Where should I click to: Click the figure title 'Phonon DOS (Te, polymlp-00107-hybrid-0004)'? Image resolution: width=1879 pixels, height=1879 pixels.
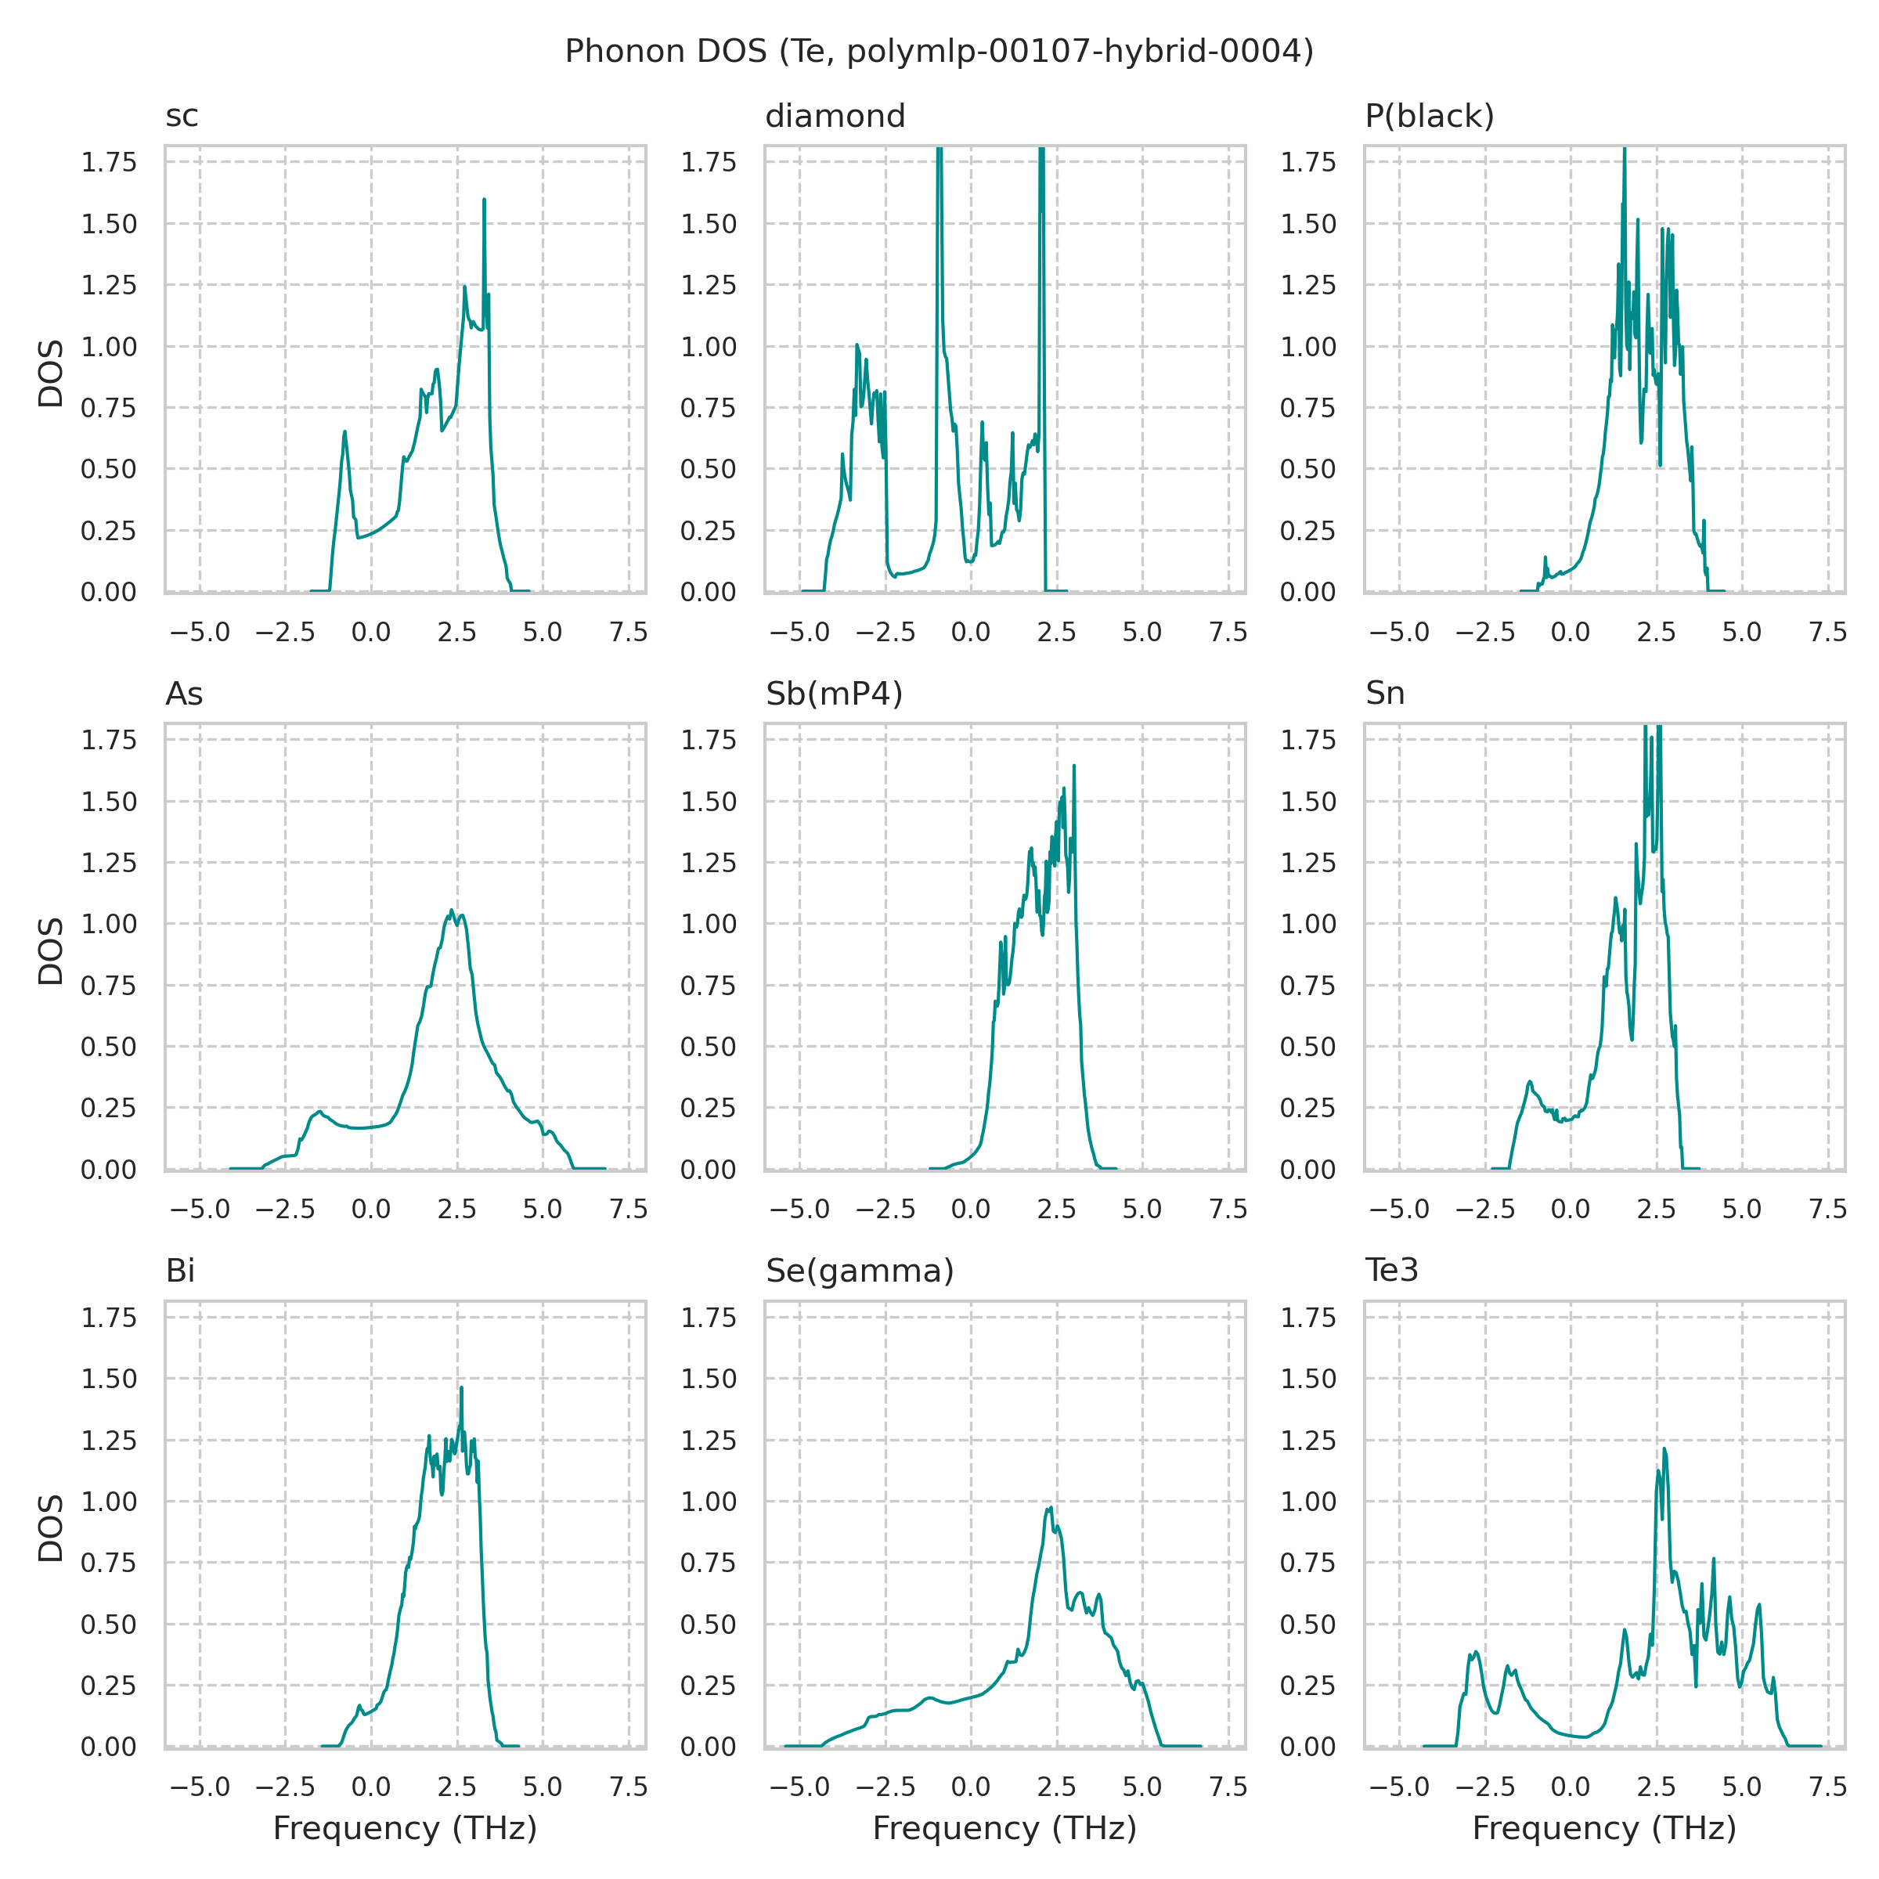click(x=939, y=51)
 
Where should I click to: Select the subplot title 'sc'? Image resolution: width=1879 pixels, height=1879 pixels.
click(x=182, y=116)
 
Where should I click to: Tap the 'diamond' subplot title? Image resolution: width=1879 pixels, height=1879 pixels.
click(x=835, y=116)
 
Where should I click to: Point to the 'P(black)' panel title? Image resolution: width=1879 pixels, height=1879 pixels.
click(x=1429, y=116)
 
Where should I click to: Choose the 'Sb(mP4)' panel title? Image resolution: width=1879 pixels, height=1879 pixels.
click(x=834, y=694)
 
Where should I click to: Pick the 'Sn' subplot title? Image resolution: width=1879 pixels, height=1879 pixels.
click(x=1384, y=694)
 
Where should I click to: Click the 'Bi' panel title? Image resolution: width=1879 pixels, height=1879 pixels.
click(x=180, y=1271)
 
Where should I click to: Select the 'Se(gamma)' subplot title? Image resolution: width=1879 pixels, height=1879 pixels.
click(x=859, y=1271)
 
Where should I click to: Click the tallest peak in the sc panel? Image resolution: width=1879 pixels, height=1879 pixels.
click(x=485, y=200)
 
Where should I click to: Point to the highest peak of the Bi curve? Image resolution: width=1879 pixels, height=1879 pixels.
click(x=462, y=1388)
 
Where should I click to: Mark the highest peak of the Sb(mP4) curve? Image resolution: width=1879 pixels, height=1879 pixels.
click(x=1073, y=766)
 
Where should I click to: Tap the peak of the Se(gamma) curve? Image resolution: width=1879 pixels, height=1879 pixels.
click(x=1051, y=1507)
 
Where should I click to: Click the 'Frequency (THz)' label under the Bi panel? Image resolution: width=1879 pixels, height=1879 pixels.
click(x=405, y=1828)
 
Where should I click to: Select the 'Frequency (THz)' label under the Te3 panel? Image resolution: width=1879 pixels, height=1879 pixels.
click(x=1603, y=1828)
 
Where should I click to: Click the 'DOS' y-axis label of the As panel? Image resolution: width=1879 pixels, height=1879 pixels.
click(x=51, y=950)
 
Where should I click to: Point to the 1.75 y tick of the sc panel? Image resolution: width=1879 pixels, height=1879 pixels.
click(x=108, y=162)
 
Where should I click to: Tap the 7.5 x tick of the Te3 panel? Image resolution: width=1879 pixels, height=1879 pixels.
click(x=1827, y=1787)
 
